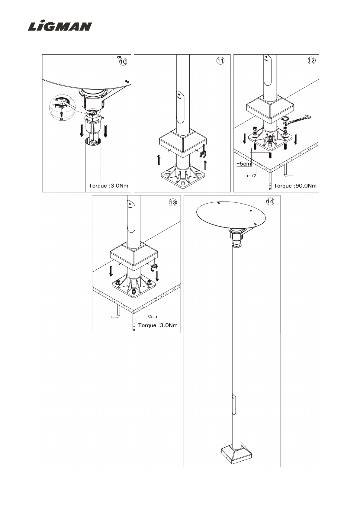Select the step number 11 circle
click(x=221, y=61)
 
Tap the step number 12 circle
click(x=311, y=60)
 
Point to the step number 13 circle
click(x=173, y=202)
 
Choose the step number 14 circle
click(x=270, y=201)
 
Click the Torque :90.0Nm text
click(x=295, y=185)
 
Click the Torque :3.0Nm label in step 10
click(x=109, y=185)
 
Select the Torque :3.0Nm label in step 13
click(x=158, y=325)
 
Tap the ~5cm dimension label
click(x=243, y=164)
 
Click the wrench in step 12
click(x=298, y=119)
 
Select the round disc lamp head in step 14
click(x=231, y=214)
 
